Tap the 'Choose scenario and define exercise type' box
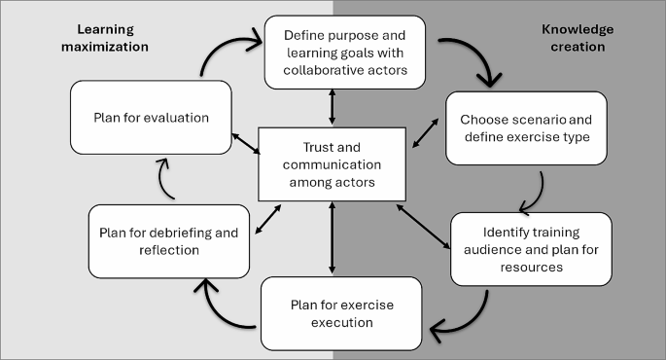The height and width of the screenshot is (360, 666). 525,127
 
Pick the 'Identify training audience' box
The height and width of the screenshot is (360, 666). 531,249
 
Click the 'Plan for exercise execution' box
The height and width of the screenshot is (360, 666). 341,313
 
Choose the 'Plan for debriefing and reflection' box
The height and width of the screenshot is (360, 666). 168,240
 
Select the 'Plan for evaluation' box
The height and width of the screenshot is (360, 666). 151,118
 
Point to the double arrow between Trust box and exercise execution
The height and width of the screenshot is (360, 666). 333,238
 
